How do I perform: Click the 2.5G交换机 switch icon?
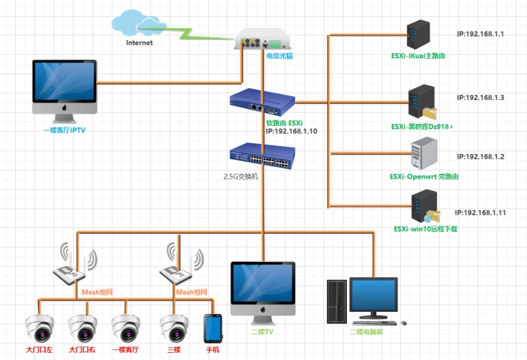(x=261, y=157)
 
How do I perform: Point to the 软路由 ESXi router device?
(x=262, y=101)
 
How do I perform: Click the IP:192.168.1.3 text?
(x=480, y=98)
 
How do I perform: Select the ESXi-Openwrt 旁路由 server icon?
(x=424, y=154)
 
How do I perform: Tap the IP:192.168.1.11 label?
(x=480, y=213)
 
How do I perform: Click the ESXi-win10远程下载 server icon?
(x=425, y=207)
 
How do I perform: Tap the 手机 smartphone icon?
(x=213, y=328)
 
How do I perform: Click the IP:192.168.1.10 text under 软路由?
(x=291, y=132)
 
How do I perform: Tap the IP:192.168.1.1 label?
(x=480, y=33)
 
